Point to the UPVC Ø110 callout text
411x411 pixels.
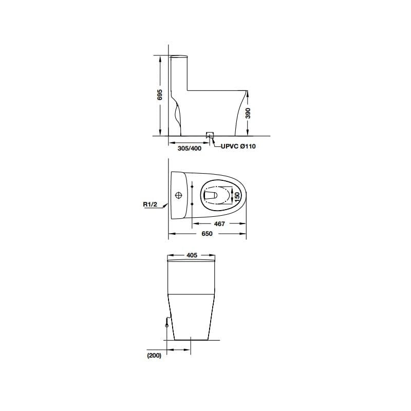tap(238, 146)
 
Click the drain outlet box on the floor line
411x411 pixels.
tap(210, 135)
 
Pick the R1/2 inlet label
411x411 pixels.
tap(150, 204)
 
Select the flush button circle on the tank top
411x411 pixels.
tap(179, 195)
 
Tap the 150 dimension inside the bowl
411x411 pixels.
tap(237, 196)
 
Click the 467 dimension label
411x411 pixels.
tap(219, 224)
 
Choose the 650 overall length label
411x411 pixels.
tap(207, 233)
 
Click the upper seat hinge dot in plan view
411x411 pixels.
tap(192, 186)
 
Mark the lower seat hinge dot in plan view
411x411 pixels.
tap(192, 204)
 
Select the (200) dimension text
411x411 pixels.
tap(154, 355)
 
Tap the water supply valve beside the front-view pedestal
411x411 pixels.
tap(166, 323)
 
